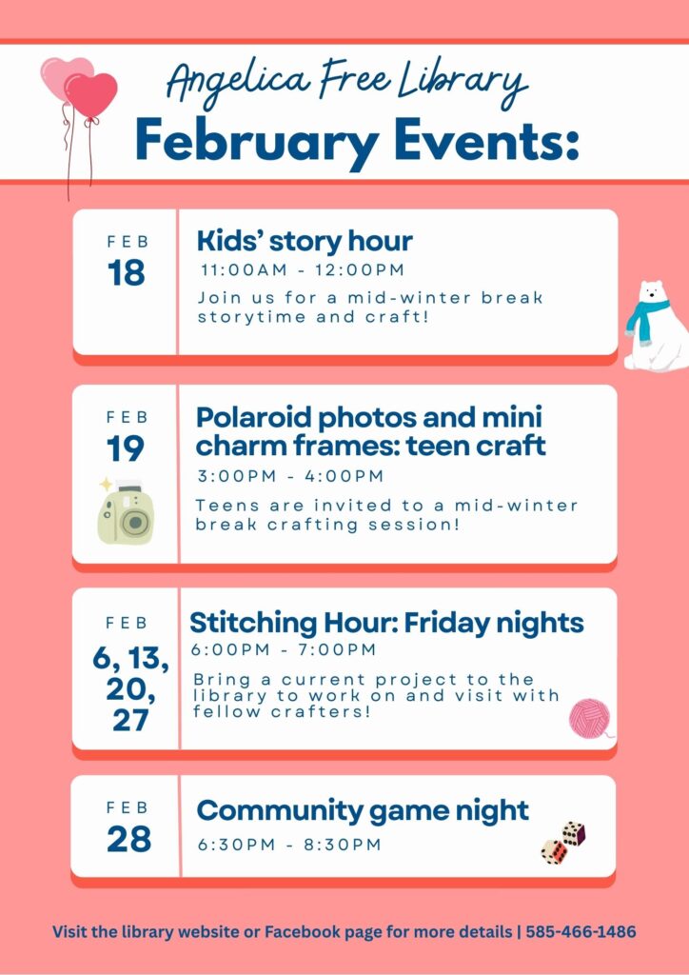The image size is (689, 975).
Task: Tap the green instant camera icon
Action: point(126,516)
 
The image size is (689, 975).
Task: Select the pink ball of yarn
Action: point(590,718)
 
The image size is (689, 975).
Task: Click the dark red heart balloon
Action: point(91,95)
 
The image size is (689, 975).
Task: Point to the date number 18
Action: point(127,273)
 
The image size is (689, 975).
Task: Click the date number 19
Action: point(127,448)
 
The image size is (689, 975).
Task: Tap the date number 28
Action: point(128,839)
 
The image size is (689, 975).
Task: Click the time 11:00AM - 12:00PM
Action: point(302,270)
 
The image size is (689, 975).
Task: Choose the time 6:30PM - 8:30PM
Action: point(289,845)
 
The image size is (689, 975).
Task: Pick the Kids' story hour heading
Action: point(305,240)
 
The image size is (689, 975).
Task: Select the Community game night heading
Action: point(363,811)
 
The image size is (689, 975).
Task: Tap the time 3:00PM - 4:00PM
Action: point(290,476)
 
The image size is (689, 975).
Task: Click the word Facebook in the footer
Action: point(306,931)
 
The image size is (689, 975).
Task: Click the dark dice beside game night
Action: point(573,833)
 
